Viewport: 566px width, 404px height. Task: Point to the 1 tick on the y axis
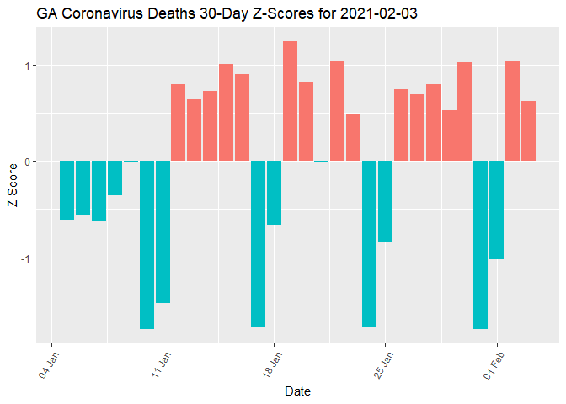28,66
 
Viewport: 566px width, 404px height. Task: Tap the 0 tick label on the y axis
28,162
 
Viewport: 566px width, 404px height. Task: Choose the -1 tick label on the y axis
26,258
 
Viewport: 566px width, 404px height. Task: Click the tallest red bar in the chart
290,101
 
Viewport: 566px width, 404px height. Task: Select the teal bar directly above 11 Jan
163,231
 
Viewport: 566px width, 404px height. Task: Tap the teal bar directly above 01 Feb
496,210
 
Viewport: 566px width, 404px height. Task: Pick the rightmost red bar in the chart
528,130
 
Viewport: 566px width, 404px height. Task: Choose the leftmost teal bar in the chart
67,190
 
